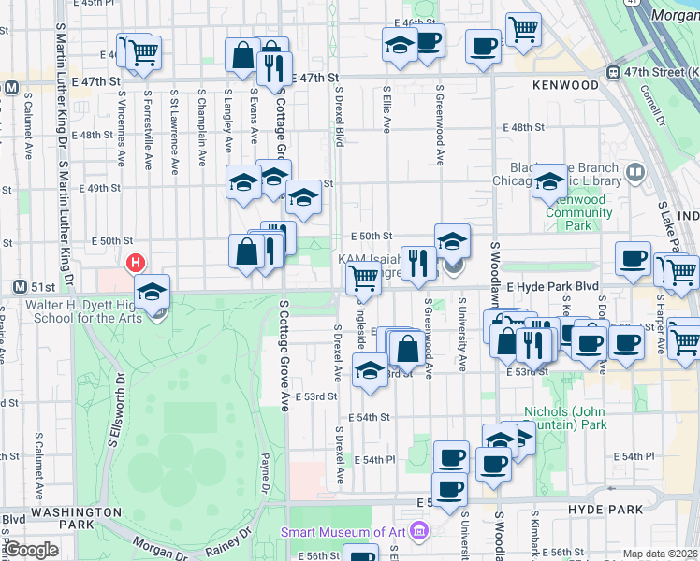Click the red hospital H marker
point(137,264)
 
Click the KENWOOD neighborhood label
point(565,85)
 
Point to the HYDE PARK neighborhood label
point(605,510)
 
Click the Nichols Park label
point(565,418)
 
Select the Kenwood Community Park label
point(579,212)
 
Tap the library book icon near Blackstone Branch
point(635,171)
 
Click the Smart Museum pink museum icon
point(418,532)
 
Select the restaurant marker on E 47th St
point(273,67)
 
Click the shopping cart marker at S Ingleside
point(362,278)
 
